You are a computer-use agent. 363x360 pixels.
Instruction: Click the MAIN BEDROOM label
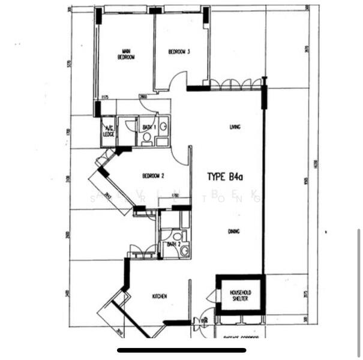[127, 54]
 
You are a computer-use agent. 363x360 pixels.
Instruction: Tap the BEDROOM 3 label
[179, 52]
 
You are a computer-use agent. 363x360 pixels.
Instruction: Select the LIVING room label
[235, 127]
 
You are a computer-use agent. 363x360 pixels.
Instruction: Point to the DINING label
[233, 231]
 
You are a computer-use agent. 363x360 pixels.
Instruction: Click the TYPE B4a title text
[225, 177]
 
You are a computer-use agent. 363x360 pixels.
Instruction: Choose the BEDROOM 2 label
[153, 176]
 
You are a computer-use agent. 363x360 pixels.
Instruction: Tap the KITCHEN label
[159, 296]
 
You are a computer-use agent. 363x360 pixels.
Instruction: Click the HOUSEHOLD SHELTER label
[239, 295]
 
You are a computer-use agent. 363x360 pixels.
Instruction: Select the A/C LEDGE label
[109, 131]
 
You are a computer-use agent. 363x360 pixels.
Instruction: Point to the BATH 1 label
[148, 128]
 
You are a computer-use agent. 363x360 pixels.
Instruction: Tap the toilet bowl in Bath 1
[147, 137]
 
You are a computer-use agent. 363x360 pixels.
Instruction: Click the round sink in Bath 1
[163, 126]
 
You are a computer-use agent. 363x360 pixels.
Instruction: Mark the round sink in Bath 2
[184, 251]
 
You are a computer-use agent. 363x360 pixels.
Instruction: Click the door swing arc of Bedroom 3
[178, 80]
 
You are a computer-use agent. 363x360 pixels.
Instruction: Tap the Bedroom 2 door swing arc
[179, 155]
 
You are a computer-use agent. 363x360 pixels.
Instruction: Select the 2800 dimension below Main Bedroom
[143, 97]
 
